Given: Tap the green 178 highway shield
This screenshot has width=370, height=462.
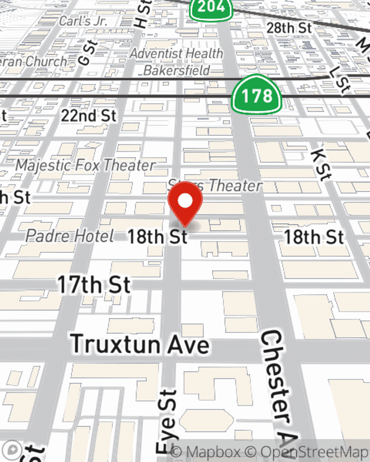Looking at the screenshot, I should click(x=256, y=96).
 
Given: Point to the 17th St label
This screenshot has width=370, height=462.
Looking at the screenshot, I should click(x=94, y=285).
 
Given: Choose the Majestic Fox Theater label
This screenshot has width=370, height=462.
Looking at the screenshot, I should click(x=85, y=165).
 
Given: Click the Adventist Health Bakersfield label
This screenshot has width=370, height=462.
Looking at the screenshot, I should click(x=177, y=61).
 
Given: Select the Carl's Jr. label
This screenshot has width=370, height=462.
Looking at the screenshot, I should click(x=83, y=21).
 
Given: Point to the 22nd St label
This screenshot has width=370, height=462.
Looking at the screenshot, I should click(x=89, y=116).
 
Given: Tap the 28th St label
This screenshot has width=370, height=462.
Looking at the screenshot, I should click(x=289, y=28).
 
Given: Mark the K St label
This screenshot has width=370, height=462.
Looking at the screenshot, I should click(x=320, y=165).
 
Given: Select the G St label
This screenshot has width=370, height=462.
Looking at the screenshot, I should click(x=88, y=52).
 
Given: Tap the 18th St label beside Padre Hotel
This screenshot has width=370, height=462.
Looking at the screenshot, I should click(x=157, y=237).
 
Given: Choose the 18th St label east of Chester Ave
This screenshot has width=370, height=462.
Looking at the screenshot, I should click(x=314, y=237).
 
